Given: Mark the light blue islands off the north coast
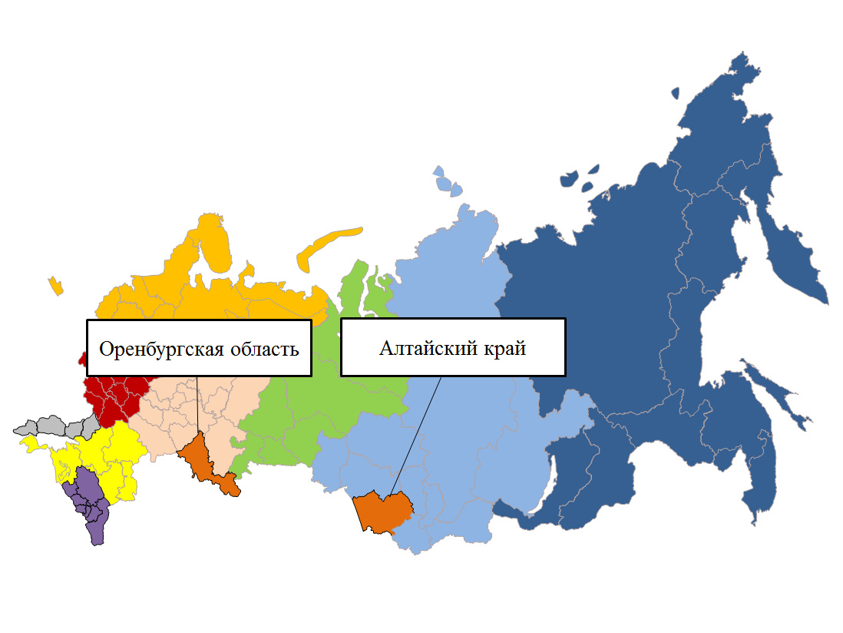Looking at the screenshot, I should pos(446,182).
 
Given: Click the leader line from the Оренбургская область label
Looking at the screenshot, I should pos(197,403).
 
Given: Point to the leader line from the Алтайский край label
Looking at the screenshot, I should pos(415,434).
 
